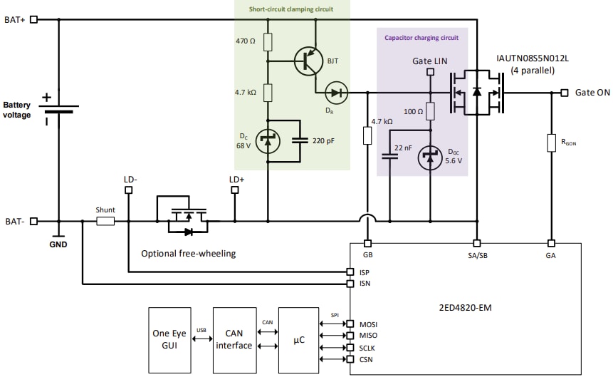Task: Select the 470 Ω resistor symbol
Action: coord(268,42)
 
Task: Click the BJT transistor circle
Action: coord(308,61)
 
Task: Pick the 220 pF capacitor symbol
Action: coord(300,141)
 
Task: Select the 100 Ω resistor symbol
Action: coord(430,111)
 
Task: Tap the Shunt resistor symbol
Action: coord(105,222)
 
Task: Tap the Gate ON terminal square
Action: coord(564,93)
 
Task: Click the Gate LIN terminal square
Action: coord(430,73)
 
